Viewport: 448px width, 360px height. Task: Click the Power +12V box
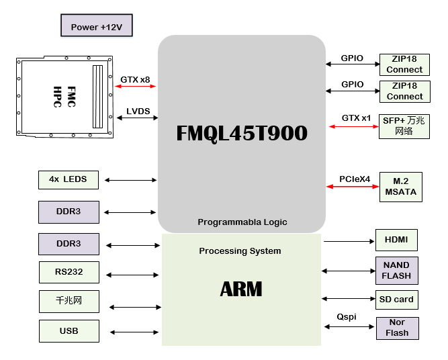[97, 26]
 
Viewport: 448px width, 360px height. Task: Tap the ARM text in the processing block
[241, 289]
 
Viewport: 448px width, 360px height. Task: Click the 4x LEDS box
[69, 180]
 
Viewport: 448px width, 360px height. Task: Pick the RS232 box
[69, 273]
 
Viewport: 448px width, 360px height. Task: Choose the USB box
[69, 331]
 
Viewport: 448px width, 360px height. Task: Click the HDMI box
[396, 240]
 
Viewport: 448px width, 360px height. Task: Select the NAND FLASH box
[396, 270]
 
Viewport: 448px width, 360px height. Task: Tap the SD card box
[396, 299]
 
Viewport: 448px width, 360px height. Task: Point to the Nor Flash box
[397, 328]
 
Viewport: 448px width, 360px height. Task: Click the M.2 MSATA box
[400, 186]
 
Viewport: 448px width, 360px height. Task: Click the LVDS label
[138, 111]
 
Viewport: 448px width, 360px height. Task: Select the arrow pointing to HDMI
[349, 240]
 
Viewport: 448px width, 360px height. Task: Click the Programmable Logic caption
[242, 222]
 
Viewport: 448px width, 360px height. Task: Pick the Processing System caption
[240, 251]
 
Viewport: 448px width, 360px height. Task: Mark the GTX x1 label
[356, 118]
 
